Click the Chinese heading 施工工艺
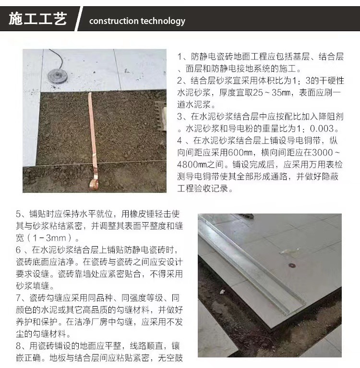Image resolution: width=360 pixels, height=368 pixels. point(38,19)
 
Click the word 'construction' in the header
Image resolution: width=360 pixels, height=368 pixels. point(113,21)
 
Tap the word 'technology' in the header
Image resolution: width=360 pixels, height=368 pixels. point(163,21)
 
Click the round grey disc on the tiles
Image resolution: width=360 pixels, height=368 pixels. point(58,75)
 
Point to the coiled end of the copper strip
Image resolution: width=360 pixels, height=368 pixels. point(94,183)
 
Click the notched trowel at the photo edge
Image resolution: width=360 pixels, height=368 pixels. point(161,116)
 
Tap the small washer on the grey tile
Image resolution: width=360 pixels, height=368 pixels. point(292,265)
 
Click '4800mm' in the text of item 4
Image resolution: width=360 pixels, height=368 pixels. point(192,165)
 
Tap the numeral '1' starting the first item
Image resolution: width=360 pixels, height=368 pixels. point(180,57)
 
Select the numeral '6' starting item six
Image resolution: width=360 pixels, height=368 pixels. point(18,249)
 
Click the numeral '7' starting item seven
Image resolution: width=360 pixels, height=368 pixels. point(19,298)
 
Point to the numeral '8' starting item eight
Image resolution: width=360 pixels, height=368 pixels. point(19,346)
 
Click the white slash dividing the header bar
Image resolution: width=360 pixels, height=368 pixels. point(78,19)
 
